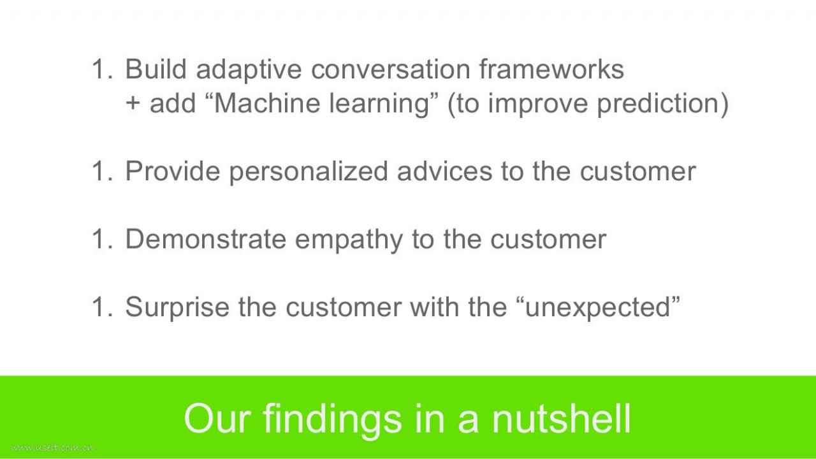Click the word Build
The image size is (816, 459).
pyautogui.click(x=156, y=69)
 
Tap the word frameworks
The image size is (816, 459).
pyautogui.click(x=551, y=69)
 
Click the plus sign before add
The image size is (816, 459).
pyautogui.click(x=133, y=103)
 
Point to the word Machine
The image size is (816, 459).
pyautogui.click(x=266, y=103)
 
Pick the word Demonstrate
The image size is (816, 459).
pyautogui.click(x=205, y=238)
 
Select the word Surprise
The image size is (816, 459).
pyautogui.click(x=177, y=307)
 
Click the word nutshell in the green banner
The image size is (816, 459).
pyautogui.click(x=562, y=418)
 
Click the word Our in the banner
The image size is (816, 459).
pyautogui.click(x=217, y=419)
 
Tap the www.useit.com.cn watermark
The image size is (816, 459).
pyautogui.click(x=52, y=448)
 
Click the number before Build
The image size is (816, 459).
pyautogui.click(x=103, y=69)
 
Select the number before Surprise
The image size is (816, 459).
pyautogui.click(x=103, y=307)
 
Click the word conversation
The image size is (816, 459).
pyautogui.click(x=391, y=69)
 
